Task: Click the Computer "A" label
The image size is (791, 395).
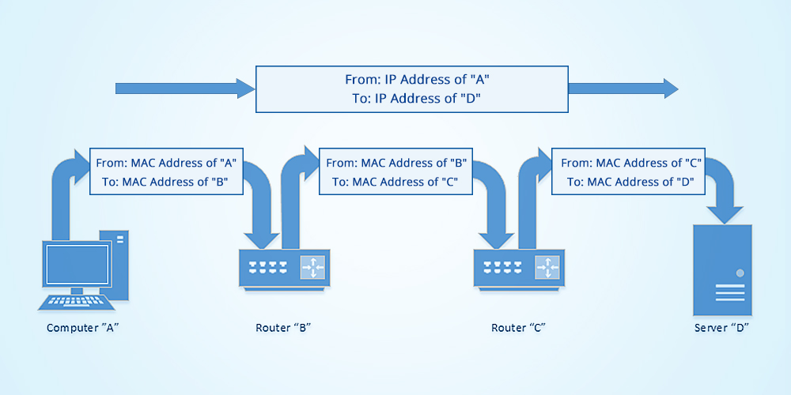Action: click(x=83, y=327)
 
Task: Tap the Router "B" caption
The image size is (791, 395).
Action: click(x=283, y=327)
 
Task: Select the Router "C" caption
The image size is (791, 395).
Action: click(x=518, y=327)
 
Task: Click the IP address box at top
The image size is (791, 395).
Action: click(x=411, y=88)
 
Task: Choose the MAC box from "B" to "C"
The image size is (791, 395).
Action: click(x=396, y=172)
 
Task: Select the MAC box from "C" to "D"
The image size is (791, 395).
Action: click(x=630, y=172)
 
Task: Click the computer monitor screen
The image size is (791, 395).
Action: click(x=76, y=265)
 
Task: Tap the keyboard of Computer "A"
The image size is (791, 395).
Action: click(x=74, y=302)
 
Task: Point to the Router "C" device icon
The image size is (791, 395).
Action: click(x=519, y=269)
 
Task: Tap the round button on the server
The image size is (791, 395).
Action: click(x=740, y=273)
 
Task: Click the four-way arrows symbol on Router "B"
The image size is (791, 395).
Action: click(x=312, y=268)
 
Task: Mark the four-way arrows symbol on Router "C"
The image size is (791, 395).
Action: click(x=547, y=268)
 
